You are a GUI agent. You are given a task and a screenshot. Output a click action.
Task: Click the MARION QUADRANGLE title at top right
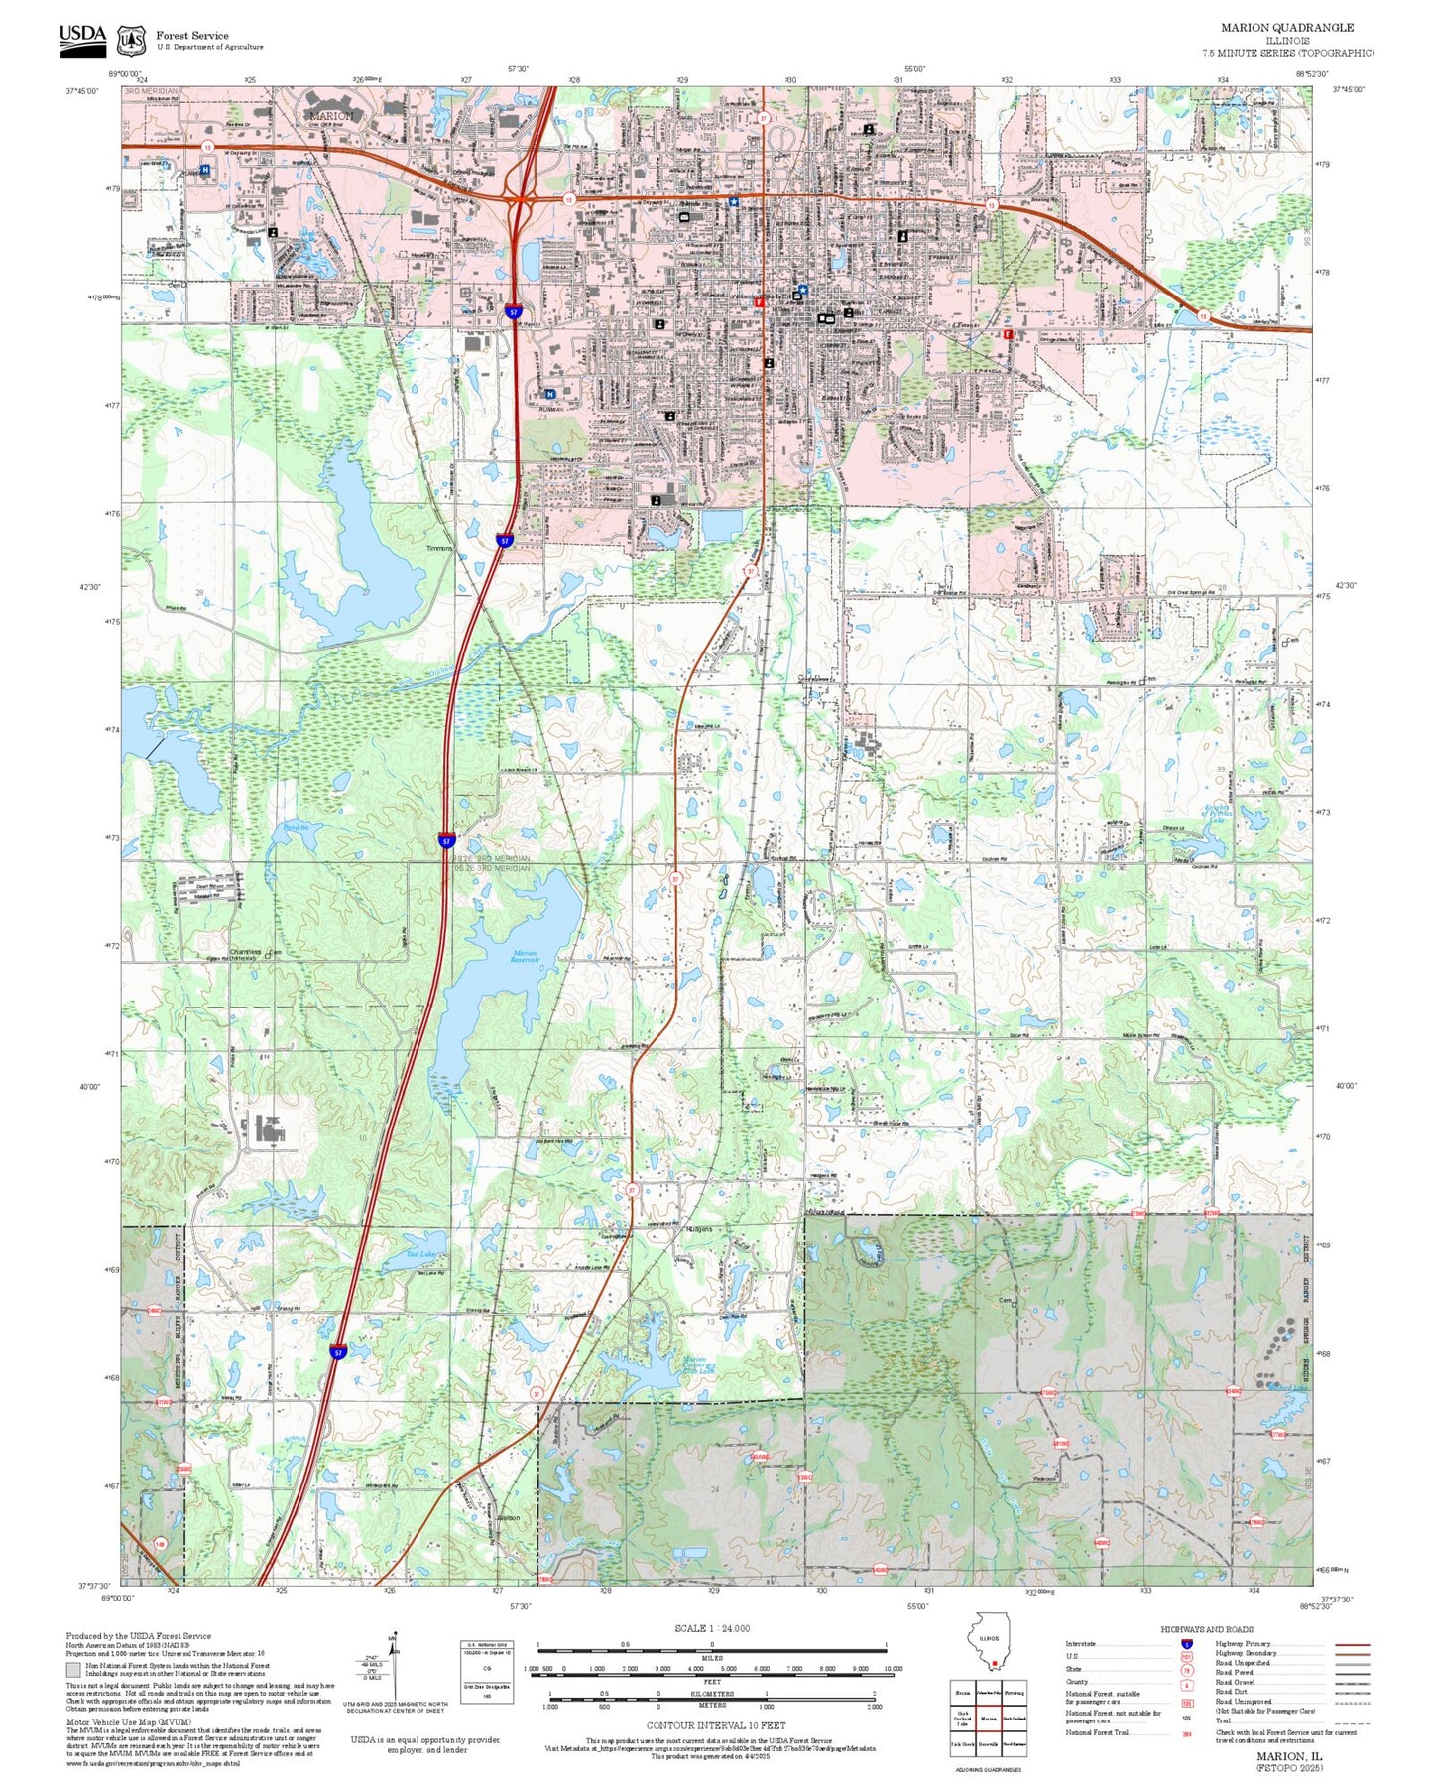(1286, 28)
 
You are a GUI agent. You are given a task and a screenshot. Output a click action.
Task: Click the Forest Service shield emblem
(130, 41)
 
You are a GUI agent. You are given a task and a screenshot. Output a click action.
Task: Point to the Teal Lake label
(421, 1254)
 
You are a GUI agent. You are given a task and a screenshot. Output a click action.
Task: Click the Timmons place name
(438, 548)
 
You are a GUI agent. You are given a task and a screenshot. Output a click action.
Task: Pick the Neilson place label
(508, 1518)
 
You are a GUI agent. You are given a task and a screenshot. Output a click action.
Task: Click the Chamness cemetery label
(246, 952)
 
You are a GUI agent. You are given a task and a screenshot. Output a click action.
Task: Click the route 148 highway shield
(161, 1544)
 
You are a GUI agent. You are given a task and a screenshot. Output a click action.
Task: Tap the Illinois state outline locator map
(993, 1641)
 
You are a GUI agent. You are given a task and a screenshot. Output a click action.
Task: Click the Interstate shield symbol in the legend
(1186, 1644)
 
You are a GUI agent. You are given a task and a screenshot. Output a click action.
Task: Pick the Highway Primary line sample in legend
(1353, 1644)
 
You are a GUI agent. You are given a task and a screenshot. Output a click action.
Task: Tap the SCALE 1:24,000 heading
(711, 1628)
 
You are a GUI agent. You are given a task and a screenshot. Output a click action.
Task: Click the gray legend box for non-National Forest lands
(73, 1670)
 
